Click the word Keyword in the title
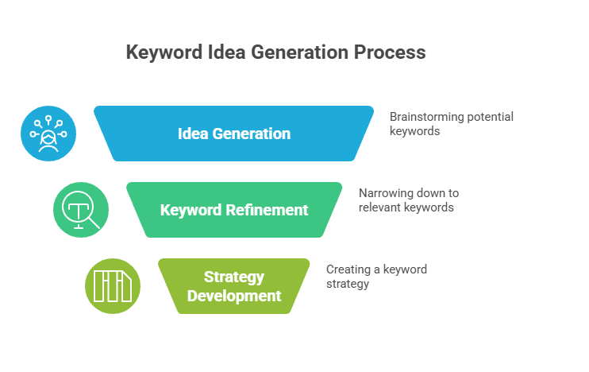164,52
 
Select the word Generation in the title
300,52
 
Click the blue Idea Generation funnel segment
233,134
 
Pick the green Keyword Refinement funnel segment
234,210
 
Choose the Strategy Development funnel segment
234,286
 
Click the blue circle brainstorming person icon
48,134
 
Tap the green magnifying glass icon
81,210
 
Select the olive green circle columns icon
113,286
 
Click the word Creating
348,269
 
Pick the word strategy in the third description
348,284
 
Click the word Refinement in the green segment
267,210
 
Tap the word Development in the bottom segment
234,296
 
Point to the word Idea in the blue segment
193,134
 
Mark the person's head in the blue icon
48,137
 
